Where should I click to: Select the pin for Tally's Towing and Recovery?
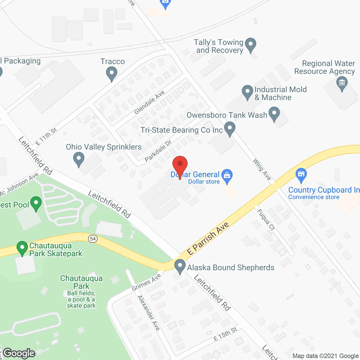250,44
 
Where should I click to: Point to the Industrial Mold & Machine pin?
247,92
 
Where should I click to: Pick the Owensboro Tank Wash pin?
274,113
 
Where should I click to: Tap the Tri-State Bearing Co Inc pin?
230,129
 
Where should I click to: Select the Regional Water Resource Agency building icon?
342,83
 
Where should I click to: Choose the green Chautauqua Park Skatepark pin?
22,248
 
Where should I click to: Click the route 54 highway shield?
93,239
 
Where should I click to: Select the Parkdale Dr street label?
158,151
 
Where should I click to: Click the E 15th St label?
225,334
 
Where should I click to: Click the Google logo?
19,353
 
